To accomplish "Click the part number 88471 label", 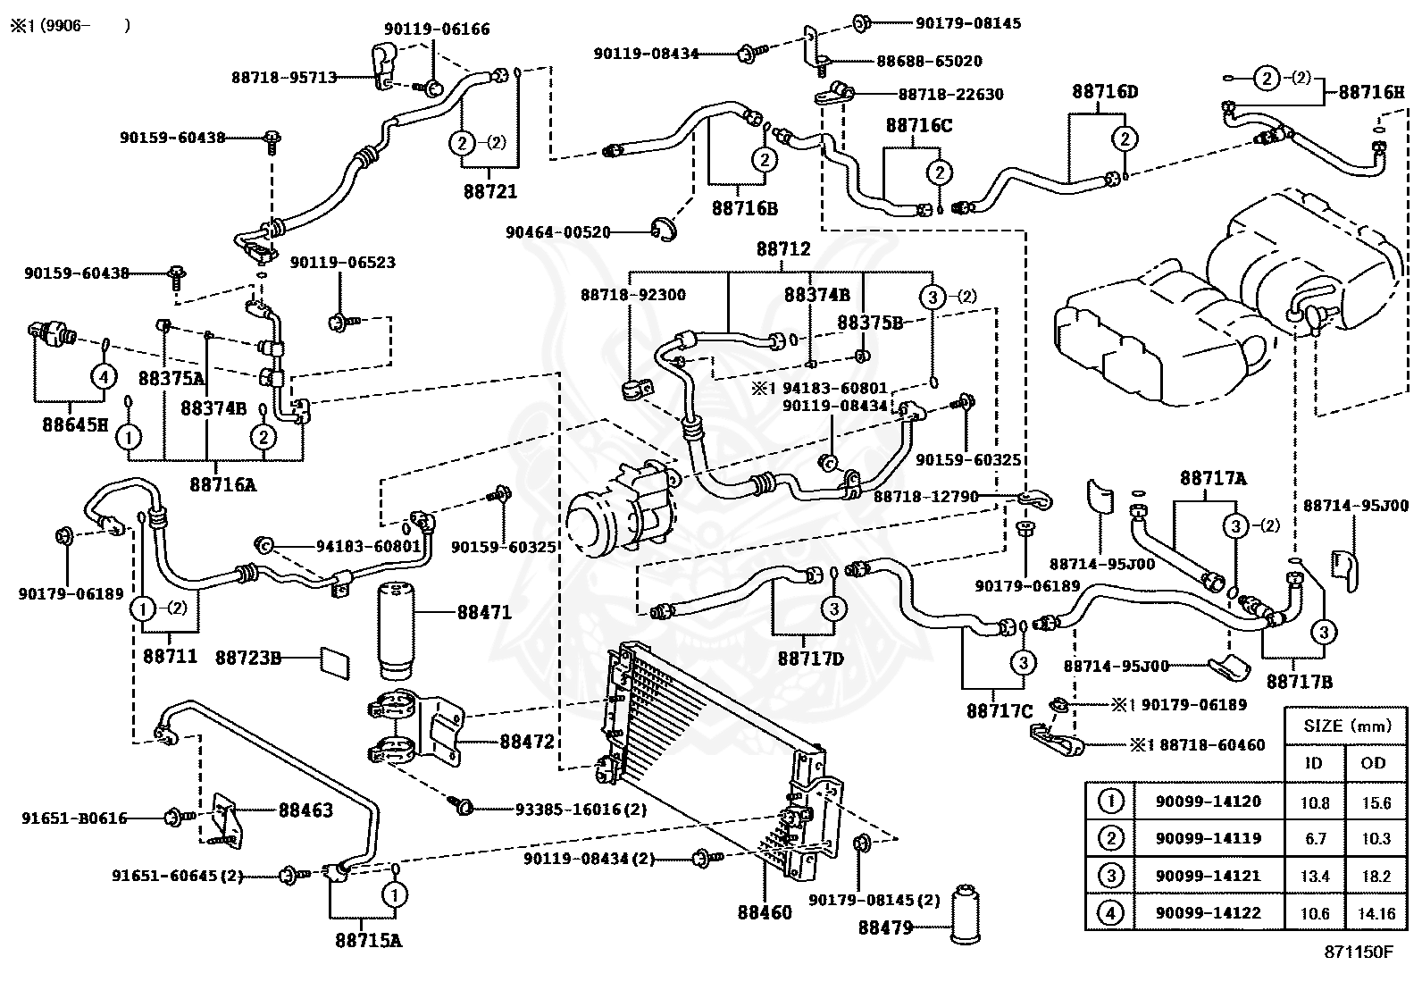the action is pos(484,612).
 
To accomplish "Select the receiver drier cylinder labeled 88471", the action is pos(396,631).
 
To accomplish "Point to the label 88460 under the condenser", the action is pos(765,913).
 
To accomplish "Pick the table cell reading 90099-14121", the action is pos(1208,876).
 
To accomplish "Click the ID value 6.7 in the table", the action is pos(1315,839).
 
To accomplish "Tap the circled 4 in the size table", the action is pos(1110,913).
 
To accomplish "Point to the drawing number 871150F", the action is pos(1358,953).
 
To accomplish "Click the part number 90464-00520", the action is pos(557,232).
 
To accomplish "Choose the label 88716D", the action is pos(1105,91).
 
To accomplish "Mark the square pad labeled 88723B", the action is pos(335,663).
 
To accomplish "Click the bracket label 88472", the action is pos(527,742).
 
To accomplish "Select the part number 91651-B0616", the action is pos(74,818).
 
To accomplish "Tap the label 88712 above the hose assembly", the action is pos(783,249).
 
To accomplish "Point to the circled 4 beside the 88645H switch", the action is pos(104,377).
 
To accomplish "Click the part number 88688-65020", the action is pos(929,61).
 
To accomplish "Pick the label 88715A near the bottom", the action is pos(368,940).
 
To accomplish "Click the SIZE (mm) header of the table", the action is pos(1347,726).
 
